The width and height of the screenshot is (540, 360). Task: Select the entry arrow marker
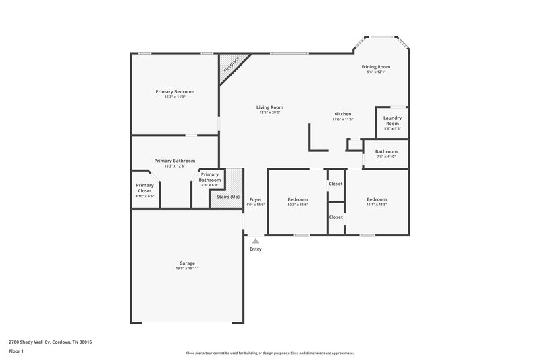[255, 240]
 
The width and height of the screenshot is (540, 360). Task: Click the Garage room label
[187, 263]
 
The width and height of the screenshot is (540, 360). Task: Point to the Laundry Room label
[392, 121]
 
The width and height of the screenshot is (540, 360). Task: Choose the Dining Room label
[376, 67]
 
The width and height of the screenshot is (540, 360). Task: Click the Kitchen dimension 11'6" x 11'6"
[343, 120]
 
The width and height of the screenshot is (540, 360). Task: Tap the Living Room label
[269, 107]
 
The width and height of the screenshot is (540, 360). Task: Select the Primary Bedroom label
[175, 91]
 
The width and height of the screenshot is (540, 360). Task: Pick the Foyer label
[255, 199]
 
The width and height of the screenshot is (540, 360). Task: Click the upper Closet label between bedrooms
[335, 184]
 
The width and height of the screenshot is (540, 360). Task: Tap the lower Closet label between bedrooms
[335, 217]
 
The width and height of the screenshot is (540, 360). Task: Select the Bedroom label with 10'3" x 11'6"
[298, 199]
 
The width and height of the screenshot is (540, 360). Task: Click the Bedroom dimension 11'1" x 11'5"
[377, 205]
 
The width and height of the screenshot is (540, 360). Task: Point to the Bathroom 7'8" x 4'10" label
[386, 152]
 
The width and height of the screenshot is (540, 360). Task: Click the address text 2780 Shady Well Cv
[51, 342]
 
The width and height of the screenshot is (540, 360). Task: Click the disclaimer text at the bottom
[269, 353]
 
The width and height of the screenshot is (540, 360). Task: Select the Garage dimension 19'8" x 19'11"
[187, 269]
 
